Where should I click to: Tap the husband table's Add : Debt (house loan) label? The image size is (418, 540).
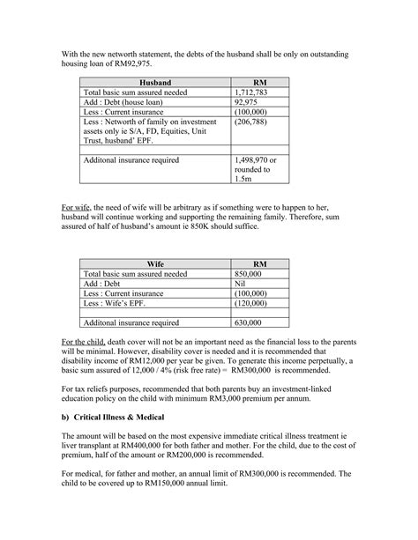(x=124, y=101)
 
